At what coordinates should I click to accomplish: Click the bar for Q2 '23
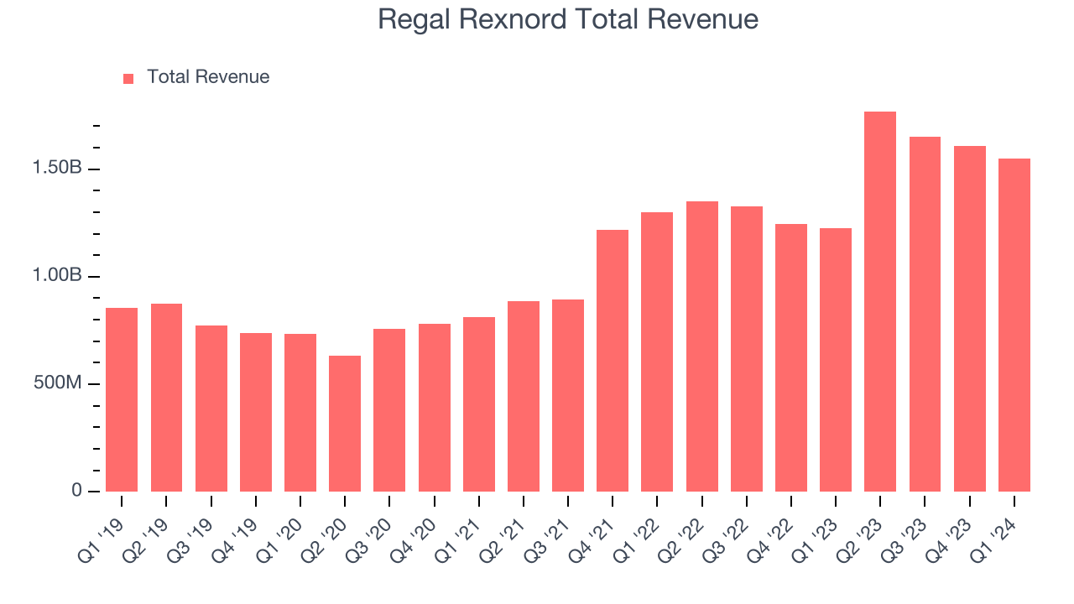880,301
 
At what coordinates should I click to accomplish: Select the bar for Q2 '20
345,424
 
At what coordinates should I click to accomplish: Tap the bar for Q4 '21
613,361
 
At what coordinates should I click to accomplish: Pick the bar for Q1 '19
122,399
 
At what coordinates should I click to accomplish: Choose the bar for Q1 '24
1014,325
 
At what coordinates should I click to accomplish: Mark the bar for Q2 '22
701,346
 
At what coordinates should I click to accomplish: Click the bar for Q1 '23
836,360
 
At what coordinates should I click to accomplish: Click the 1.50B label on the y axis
57,169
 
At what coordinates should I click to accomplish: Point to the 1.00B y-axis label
57,276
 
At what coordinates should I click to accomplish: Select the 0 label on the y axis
76,491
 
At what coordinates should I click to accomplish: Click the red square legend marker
128,78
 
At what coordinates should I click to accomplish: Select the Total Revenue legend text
208,77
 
